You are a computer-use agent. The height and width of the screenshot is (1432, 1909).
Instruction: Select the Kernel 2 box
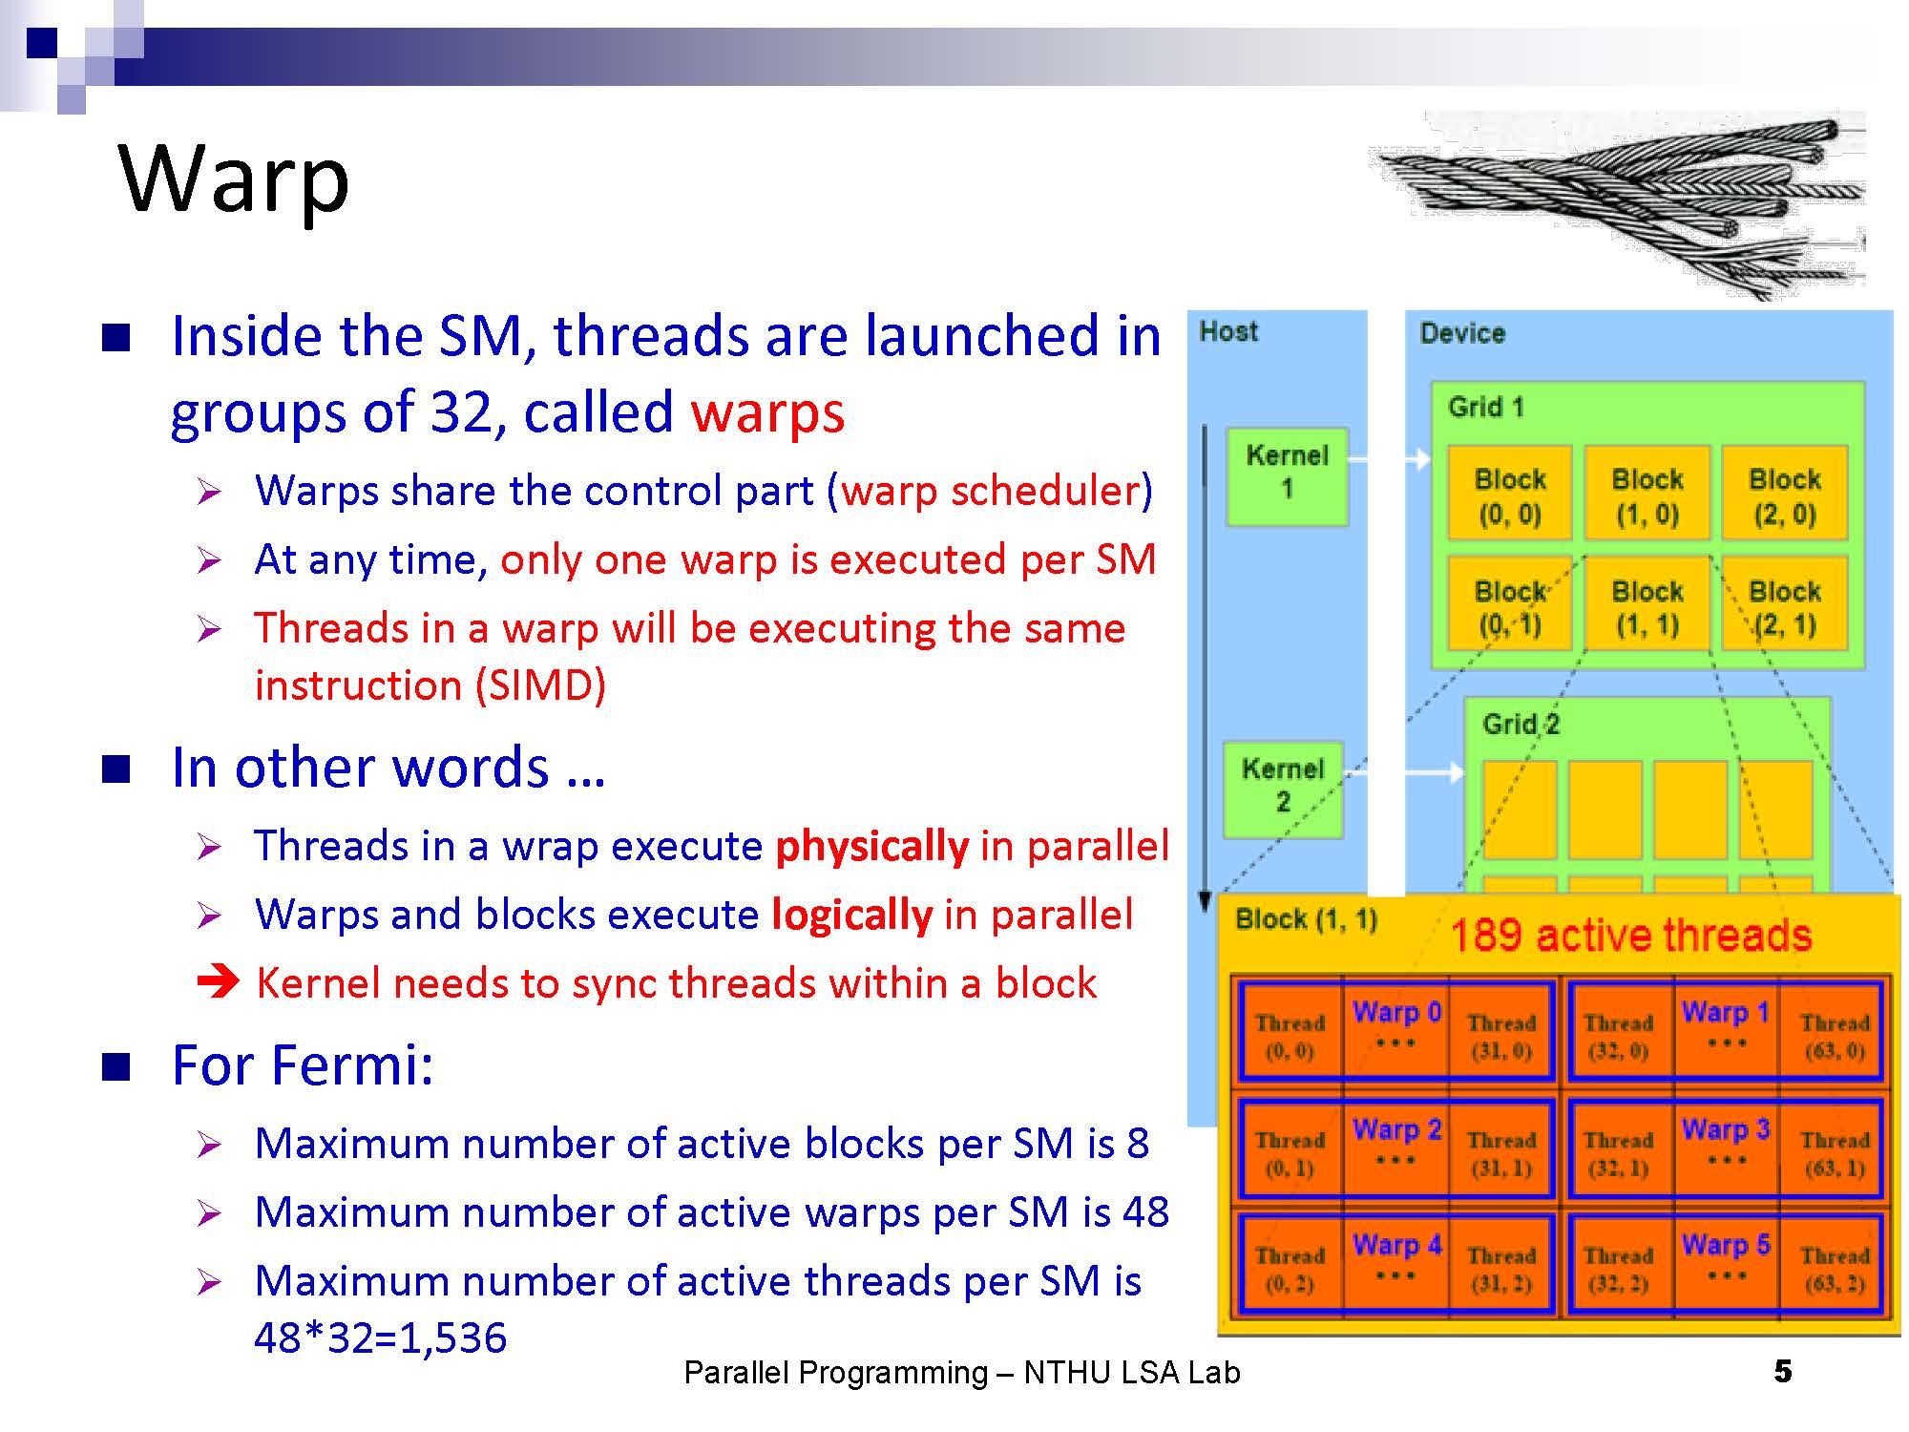[x=1283, y=787]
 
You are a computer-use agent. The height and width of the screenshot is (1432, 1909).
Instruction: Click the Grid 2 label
[x=1521, y=725]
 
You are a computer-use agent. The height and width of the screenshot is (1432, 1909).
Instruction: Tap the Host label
[x=1228, y=332]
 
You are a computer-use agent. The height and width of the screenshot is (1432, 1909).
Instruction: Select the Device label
[x=1462, y=333]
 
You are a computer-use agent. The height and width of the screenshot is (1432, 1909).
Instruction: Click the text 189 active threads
[x=1630, y=936]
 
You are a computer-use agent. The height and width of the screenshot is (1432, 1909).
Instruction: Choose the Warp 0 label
[x=1396, y=1012]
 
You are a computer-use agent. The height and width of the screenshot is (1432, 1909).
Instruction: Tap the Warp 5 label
[x=1726, y=1245]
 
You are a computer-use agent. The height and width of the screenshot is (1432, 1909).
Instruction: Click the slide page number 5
[x=1783, y=1372]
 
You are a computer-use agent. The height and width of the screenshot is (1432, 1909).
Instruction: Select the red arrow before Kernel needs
[x=218, y=981]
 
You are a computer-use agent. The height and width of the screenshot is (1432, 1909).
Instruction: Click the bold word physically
[x=871, y=847]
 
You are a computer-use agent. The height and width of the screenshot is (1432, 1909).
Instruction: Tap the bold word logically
[x=851, y=915]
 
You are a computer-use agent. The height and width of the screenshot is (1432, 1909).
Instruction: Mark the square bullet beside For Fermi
[x=116, y=1066]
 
